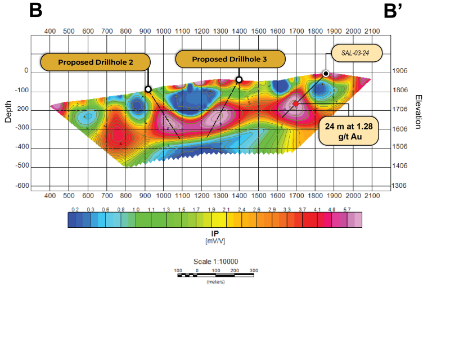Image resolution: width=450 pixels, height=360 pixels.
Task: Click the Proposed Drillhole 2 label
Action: pyautogui.click(x=96, y=62)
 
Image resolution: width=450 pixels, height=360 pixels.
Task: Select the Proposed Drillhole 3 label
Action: pyautogui.click(x=229, y=59)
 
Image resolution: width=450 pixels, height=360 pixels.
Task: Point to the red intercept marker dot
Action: pyautogui.click(x=295, y=103)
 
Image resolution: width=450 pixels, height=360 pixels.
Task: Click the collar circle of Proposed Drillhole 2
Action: pyautogui.click(x=148, y=89)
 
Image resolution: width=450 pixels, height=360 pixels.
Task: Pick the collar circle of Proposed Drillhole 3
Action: pyautogui.click(x=239, y=80)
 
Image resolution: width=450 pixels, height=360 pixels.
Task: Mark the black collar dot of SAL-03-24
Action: pyautogui.click(x=326, y=74)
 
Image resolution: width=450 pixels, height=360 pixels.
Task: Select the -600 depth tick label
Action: pyautogui.click(x=22, y=186)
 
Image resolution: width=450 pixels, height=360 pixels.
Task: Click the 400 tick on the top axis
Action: pyautogui.click(x=49, y=31)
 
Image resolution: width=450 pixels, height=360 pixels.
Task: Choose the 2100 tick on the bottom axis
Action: pyautogui.click(x=372, y=196)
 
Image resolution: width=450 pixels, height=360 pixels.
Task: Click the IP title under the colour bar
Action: pyautogui.click(x=214, y=233)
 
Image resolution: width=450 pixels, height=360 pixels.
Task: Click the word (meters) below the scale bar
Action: pyautogui.click(x=215, y=281)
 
